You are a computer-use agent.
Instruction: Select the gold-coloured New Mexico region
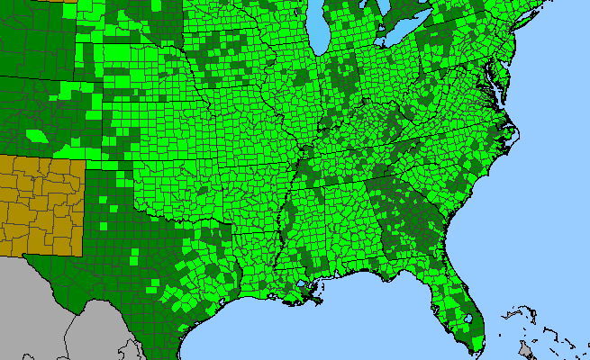coord(41,202)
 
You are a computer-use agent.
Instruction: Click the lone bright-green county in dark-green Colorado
coord(38,136)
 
